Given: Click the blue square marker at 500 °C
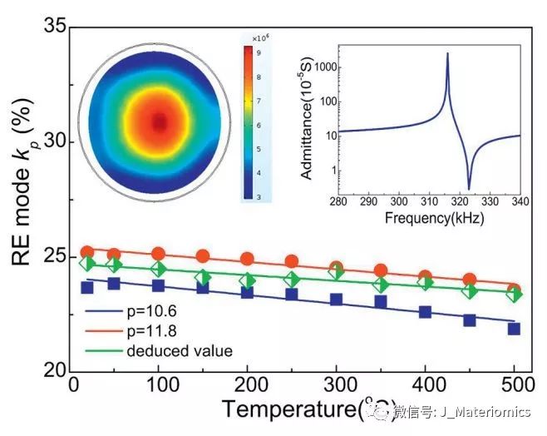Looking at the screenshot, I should click(514, 329).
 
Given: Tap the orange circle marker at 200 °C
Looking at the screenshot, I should click(247, 259).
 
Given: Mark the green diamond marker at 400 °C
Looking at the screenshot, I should click(425, 282).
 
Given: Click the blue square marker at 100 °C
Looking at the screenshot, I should click(158, 285).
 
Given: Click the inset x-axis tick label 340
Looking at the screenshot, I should click(520, 204).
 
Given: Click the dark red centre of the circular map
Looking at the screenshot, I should click(158, 123).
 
